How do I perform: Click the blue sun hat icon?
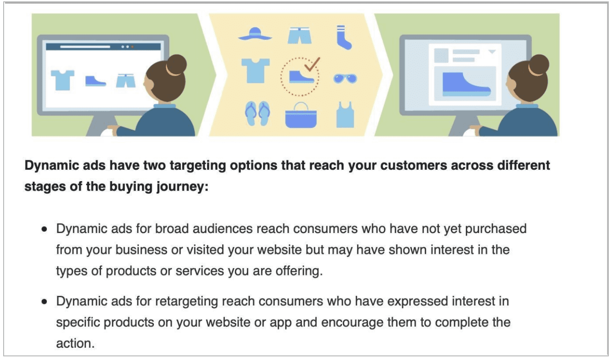(255, 34)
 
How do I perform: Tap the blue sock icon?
(344, 37)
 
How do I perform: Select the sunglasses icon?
(345, 79)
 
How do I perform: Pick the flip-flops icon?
(257, 113)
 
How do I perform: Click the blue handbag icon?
(301, 116)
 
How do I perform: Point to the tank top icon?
(345, 115)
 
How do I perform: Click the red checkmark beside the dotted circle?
(312, 65)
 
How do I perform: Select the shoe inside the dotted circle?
(301, 77)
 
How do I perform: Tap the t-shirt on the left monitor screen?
(62, 80)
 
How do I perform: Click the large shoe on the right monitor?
(466, 84)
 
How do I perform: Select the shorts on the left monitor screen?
(126, 81)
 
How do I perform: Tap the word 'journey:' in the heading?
(182, 187)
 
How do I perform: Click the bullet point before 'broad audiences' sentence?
(44, 229)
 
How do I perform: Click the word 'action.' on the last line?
(76, 343)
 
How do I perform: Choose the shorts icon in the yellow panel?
(300, 35)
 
